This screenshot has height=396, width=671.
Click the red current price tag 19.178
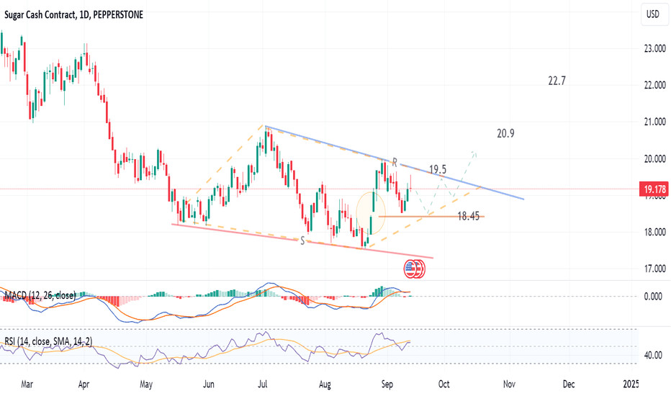[653, 190]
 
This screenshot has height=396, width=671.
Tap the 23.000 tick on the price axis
[653, 49]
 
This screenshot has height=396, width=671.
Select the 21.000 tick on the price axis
[653, 122]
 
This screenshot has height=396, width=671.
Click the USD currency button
[652, 14]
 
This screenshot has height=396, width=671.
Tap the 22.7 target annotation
[557, 81]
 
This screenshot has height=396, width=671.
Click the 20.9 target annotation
[505, 133]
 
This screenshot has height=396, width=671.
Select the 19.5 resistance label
[438, 170]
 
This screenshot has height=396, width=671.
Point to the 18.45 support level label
[469, 215]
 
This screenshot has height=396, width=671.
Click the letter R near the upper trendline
[395, 162]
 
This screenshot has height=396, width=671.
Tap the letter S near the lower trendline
[302, 240]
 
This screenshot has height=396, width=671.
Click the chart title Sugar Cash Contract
[47, 15]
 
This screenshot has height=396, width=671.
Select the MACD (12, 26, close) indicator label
[40, 295]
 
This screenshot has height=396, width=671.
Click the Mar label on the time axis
[28, 384]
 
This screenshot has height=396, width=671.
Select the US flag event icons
[415, 269]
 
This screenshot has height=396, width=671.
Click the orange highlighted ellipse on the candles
[371, 214]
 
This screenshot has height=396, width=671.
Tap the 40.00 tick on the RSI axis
[653, 355]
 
